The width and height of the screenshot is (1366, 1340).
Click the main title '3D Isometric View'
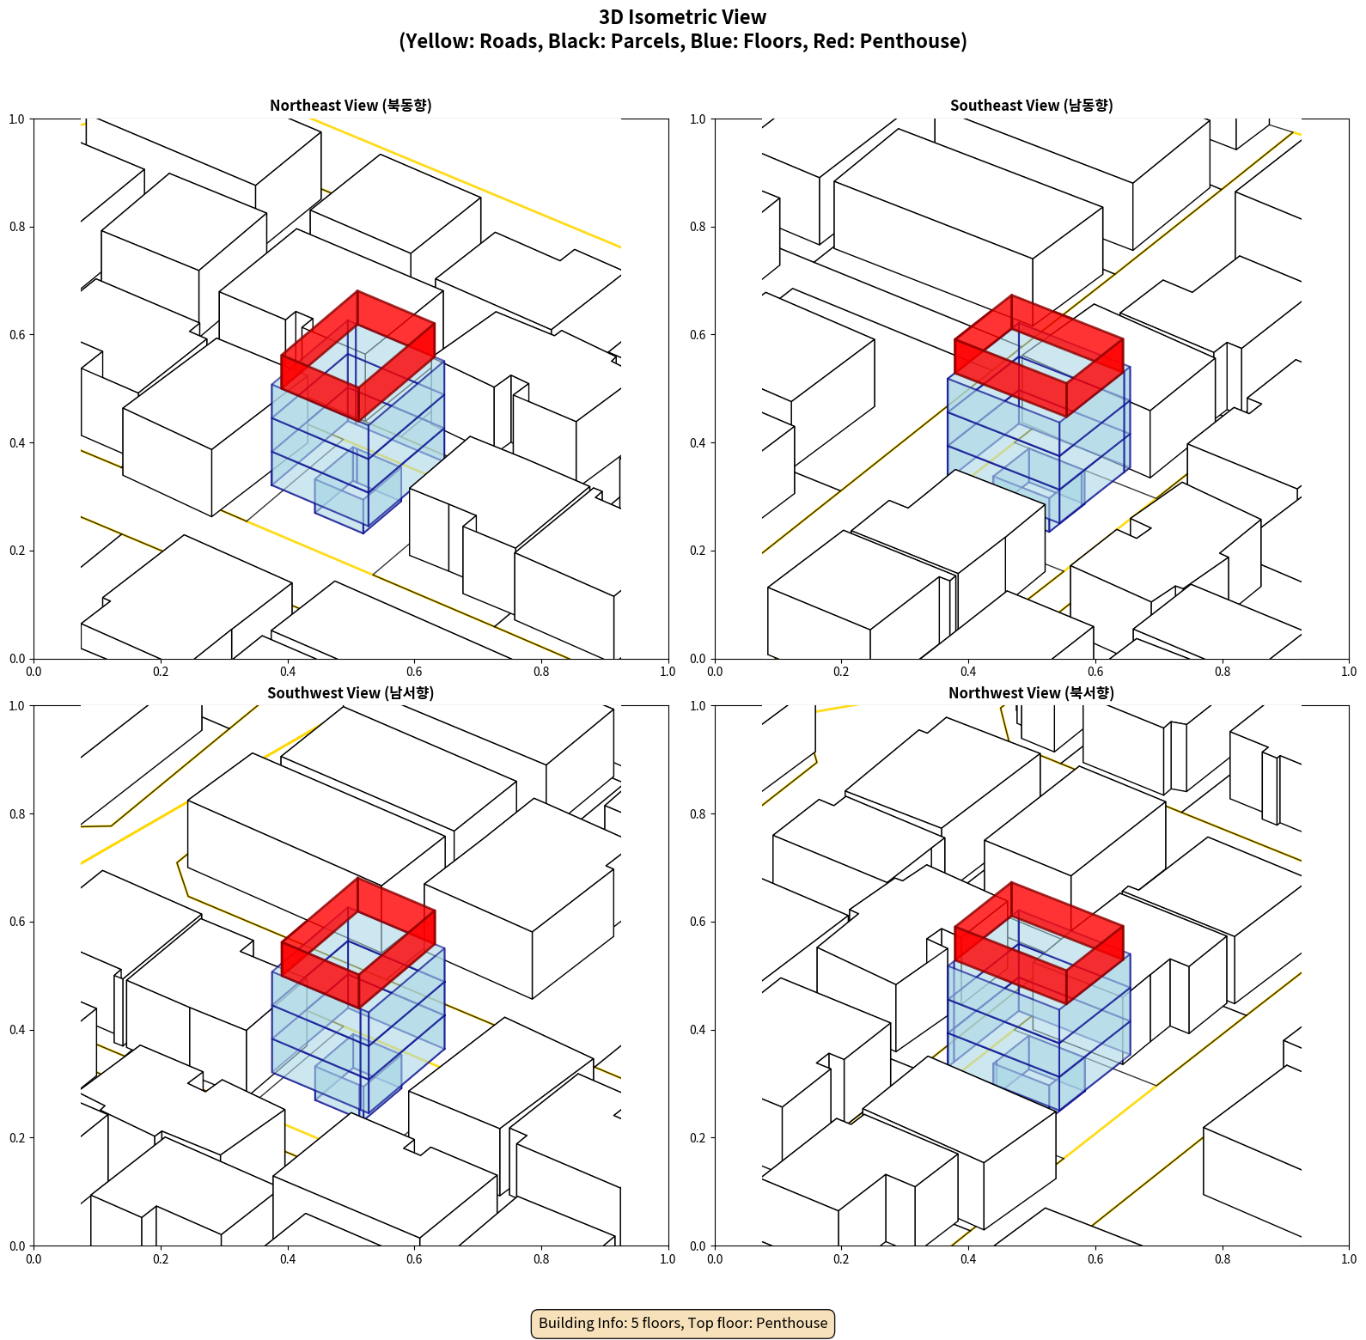click(682, 17)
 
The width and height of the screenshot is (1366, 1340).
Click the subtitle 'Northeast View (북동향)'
click(351, 106)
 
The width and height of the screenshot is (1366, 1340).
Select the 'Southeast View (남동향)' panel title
click(1031, 106)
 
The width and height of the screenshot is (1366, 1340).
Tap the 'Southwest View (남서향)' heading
click(351, 693)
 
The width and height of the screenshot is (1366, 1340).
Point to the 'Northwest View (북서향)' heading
click(1031, 693)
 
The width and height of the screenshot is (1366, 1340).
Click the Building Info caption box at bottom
click(682, 1323)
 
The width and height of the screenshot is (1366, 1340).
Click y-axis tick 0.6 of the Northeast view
click(17, 335)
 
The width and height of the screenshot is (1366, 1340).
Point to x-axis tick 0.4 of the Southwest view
click(287, 1259)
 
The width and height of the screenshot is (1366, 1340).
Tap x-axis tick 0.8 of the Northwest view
click(1222, 1259)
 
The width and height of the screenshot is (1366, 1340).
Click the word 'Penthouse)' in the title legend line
click(913, 41)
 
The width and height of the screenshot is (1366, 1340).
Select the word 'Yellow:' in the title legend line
click(438, 41)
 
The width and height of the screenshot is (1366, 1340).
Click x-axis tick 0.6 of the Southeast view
click(1095, 672)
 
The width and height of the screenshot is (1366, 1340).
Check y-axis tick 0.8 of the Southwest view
click(17, 813)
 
